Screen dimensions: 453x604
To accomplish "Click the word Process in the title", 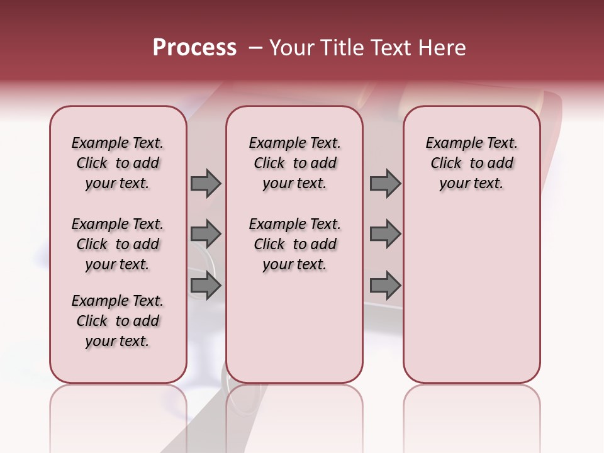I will [194, 48].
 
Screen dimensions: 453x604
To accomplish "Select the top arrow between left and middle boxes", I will [206, 183].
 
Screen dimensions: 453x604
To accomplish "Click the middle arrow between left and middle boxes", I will [206, 234].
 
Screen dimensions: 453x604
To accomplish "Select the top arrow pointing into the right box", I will [385, 183].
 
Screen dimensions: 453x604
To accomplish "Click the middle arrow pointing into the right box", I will [385, 234].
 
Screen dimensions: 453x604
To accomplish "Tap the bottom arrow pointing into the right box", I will [385, 286].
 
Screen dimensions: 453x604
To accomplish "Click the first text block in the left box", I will [118, 163].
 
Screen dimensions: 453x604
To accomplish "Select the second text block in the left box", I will [118, 244].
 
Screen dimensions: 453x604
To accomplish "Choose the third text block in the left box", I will [118, 321].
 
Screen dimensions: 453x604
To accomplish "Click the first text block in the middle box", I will [294, 163].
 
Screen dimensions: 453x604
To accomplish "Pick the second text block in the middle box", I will [294, 244].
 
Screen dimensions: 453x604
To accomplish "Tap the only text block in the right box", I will [471, 163].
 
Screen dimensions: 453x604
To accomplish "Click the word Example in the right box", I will [449, 143].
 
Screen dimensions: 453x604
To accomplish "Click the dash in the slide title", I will [255, 48].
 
